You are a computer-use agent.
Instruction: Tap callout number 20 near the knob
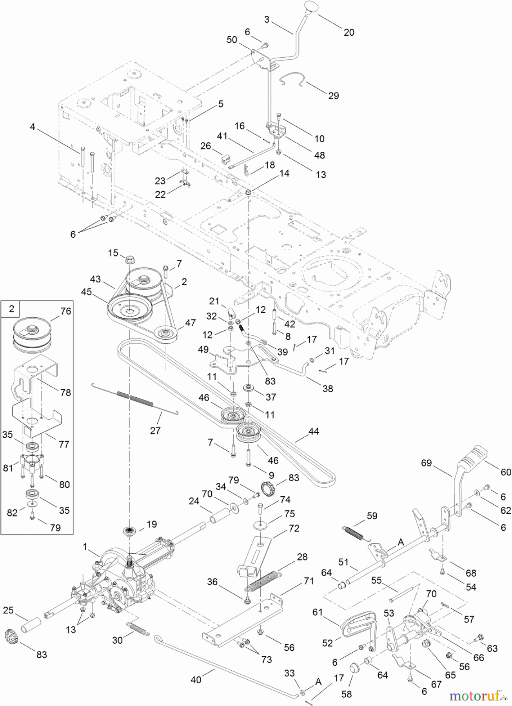[349, 32]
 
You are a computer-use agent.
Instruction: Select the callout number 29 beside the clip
[333, 95]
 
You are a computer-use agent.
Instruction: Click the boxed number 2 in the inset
[11, 309]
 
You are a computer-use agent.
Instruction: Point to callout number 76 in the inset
[66, 311]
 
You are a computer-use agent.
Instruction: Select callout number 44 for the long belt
[314, 431]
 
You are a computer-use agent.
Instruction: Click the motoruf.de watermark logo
[478, 696]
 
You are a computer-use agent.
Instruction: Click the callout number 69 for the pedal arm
[426, 463]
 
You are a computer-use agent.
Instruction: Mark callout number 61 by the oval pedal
[318, 612]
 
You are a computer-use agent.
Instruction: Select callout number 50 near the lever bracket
[232, 40]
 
